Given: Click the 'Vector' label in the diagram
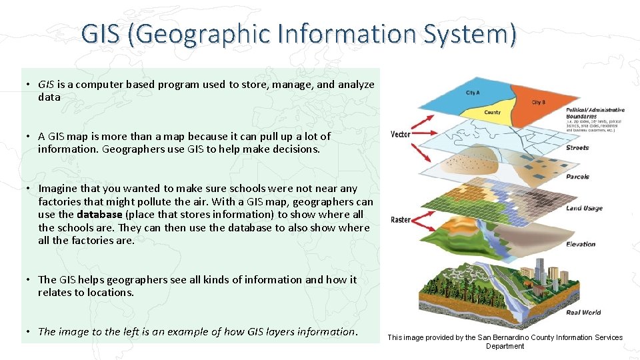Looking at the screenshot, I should tap(400, 135).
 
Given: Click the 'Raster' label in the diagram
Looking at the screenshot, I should tap(400, 219).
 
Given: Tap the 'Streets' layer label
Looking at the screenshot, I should tap(577, 148).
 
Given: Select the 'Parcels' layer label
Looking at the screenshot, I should tap(577, 177).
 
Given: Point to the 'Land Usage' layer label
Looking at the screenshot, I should tap(584, 209).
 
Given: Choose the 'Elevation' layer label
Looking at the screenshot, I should tap(581, 244).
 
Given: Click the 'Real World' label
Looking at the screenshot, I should tap(583, 312).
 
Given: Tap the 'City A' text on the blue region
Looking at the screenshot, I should tap(473, 93).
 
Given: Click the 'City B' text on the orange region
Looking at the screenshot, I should tap(538, 103).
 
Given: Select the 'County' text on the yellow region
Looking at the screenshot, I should tap(492, 113).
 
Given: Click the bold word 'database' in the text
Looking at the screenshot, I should tap(99, 215).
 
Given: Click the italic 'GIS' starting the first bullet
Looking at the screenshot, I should tap(46, 85).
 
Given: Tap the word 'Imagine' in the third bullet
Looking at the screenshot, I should tap(58, 189).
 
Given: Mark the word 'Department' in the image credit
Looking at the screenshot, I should tap(505, 347).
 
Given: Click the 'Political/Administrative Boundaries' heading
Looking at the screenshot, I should tap(595, 113).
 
